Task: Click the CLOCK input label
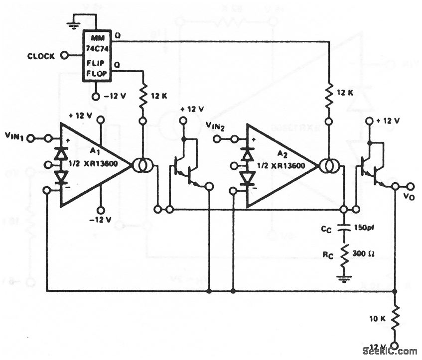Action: point(41,56)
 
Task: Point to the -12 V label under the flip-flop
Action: point(117,96)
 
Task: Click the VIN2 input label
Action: point(216,126)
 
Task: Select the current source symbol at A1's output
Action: point(141,165)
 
